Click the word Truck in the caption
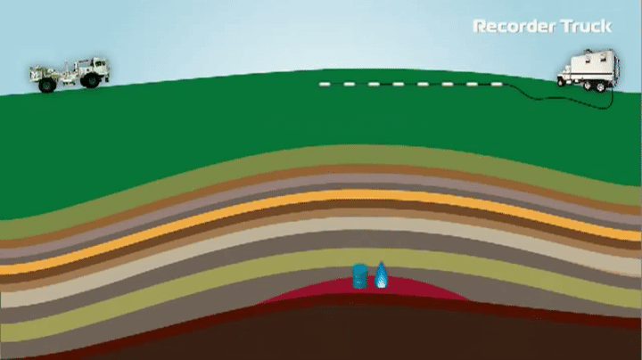587,26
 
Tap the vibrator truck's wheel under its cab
90,80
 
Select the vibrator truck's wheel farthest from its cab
47,85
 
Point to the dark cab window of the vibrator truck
100,64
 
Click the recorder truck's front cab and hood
565,75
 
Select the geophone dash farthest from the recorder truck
325,85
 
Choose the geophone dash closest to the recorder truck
497,85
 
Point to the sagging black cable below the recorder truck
565,100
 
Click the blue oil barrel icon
360,276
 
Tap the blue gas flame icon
382,275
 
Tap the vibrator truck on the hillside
70,75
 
